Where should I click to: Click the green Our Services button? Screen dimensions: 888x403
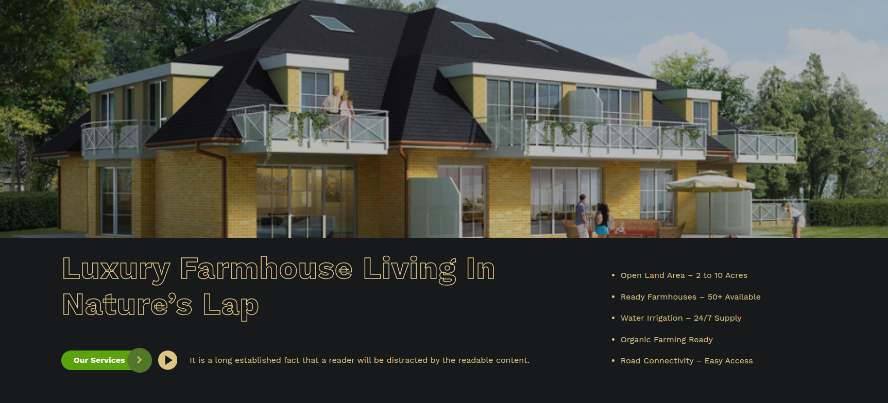(106, 360)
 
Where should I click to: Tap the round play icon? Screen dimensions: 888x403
(167, 360)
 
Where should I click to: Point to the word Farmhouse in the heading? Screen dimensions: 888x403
(266, 269)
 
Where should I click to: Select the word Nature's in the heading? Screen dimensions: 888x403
(127, 305)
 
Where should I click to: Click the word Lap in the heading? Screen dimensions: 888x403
(231, 306)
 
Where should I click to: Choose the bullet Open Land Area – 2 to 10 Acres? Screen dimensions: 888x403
(684, 275)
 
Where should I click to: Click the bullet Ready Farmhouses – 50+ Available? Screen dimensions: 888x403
(690, 297)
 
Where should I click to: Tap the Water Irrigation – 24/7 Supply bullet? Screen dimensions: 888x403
(681, 318)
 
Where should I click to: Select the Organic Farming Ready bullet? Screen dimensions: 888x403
(667, 340)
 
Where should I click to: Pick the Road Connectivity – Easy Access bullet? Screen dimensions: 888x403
(687, 361)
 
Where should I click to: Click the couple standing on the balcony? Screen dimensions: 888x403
(338, 113)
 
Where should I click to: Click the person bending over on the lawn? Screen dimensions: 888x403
(794, 219)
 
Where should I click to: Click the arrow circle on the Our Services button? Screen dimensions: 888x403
(140, 360)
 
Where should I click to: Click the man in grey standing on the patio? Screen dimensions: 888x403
(582, 216)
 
